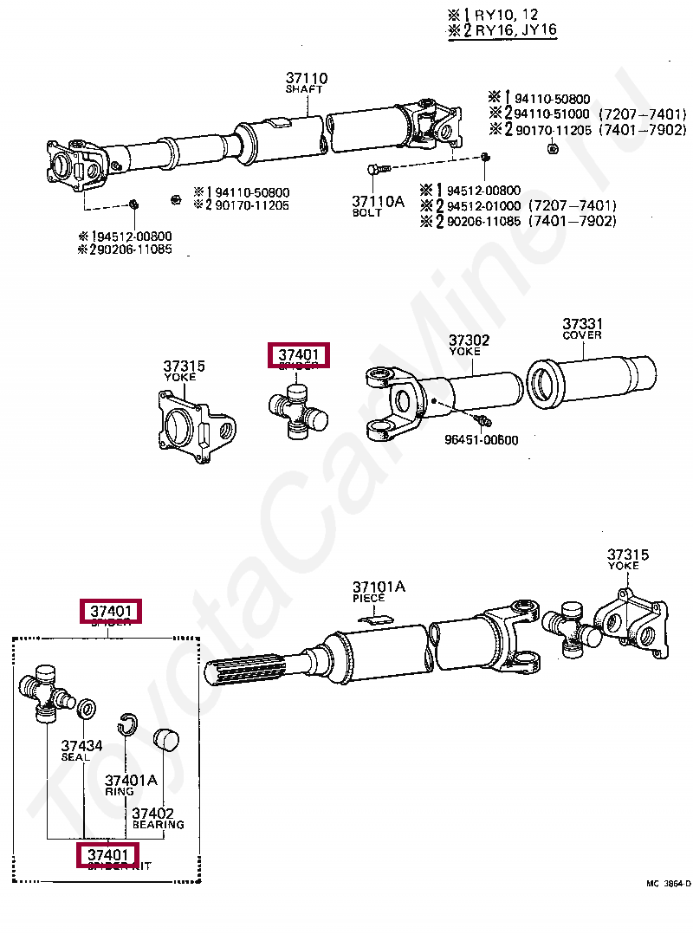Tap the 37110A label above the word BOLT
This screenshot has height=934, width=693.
click(378, 201)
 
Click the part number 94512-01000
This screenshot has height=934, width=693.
click(483, 205)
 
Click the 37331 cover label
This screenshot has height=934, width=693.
click(582, 324)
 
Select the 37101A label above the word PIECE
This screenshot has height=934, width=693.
click(379, 587)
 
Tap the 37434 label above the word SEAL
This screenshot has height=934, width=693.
click(81, 745)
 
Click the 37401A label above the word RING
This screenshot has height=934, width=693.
click(131, 780)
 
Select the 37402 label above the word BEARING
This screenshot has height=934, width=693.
click(153, 814)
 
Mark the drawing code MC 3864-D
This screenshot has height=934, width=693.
click(668, 884)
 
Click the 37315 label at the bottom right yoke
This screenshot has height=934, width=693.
click(627, 555)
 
